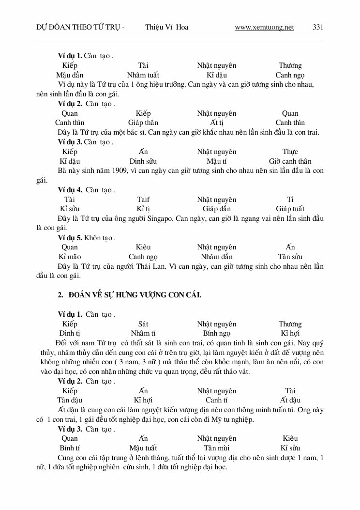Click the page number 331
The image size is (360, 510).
pyautogui.click(x=318, y=28)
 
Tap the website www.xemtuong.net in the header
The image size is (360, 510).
pyautogui.click(x=264, y=28)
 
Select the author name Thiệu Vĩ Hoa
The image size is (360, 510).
pyautogui.click(x=166, y=28)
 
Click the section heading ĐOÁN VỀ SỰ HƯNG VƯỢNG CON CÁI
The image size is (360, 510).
pyautogui.click(x=135, y=294)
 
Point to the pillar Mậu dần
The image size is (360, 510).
pyautogui.click(x=70, y=75)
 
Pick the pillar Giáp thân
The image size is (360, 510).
pyautogui.click(x=143, y=123)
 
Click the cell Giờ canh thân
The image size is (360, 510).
pyautogui.click(x=290, y=161)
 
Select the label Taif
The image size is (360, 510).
pyautogui.click(x=143, y=200)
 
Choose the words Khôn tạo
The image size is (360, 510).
pyautogui.click(x=99, y=238)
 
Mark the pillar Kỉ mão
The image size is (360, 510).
pyautogui.click(x=70, y=257)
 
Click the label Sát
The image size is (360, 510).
pyautogui.click(x=143, y=324)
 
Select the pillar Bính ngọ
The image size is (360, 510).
pyautogui.click(x=217, y=333)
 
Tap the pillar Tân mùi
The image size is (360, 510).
pyautogui.click(x=217, y=448)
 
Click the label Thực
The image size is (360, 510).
pyautogui.click(x=290, y=152)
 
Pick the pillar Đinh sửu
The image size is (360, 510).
pyautogui.click(x=143, y=161)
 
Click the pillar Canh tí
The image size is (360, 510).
pyautogui.click(x=217, y=400)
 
